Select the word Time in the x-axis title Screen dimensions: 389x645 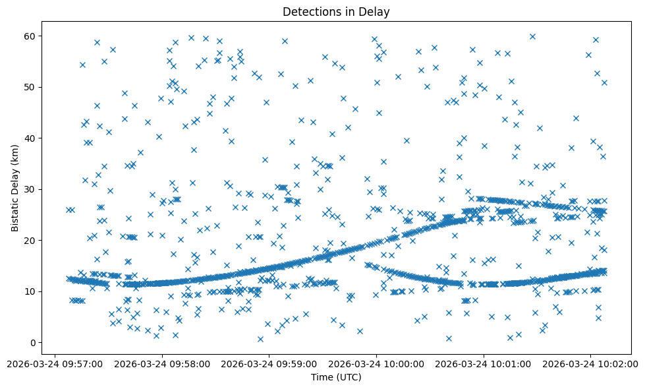tap(322, 377)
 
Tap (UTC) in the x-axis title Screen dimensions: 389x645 tap(350, 377)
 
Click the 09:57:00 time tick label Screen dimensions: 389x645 tap(55, 363)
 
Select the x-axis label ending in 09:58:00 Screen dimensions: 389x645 tap(162, 363)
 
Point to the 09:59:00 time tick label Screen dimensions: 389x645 tap(269, 363)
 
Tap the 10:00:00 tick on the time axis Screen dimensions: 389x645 tap(377, 363)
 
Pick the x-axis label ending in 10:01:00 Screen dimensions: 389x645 tap(484, 363)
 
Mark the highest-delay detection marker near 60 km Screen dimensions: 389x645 tap(532, 36)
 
